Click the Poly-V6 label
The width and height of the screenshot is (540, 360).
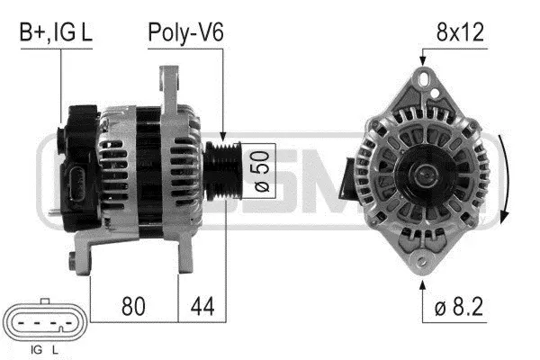pyautogui.click(x=185, y=33)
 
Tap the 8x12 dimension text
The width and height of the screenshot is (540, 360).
pyautogui.click(x=460, y=33)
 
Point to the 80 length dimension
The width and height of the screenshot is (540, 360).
pyautogui.click(x=133, y=305)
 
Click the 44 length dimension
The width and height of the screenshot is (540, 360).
pyautogui.click(x=202, y=305)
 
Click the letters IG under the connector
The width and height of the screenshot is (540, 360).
pyautogui.click(x=36, y=348)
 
